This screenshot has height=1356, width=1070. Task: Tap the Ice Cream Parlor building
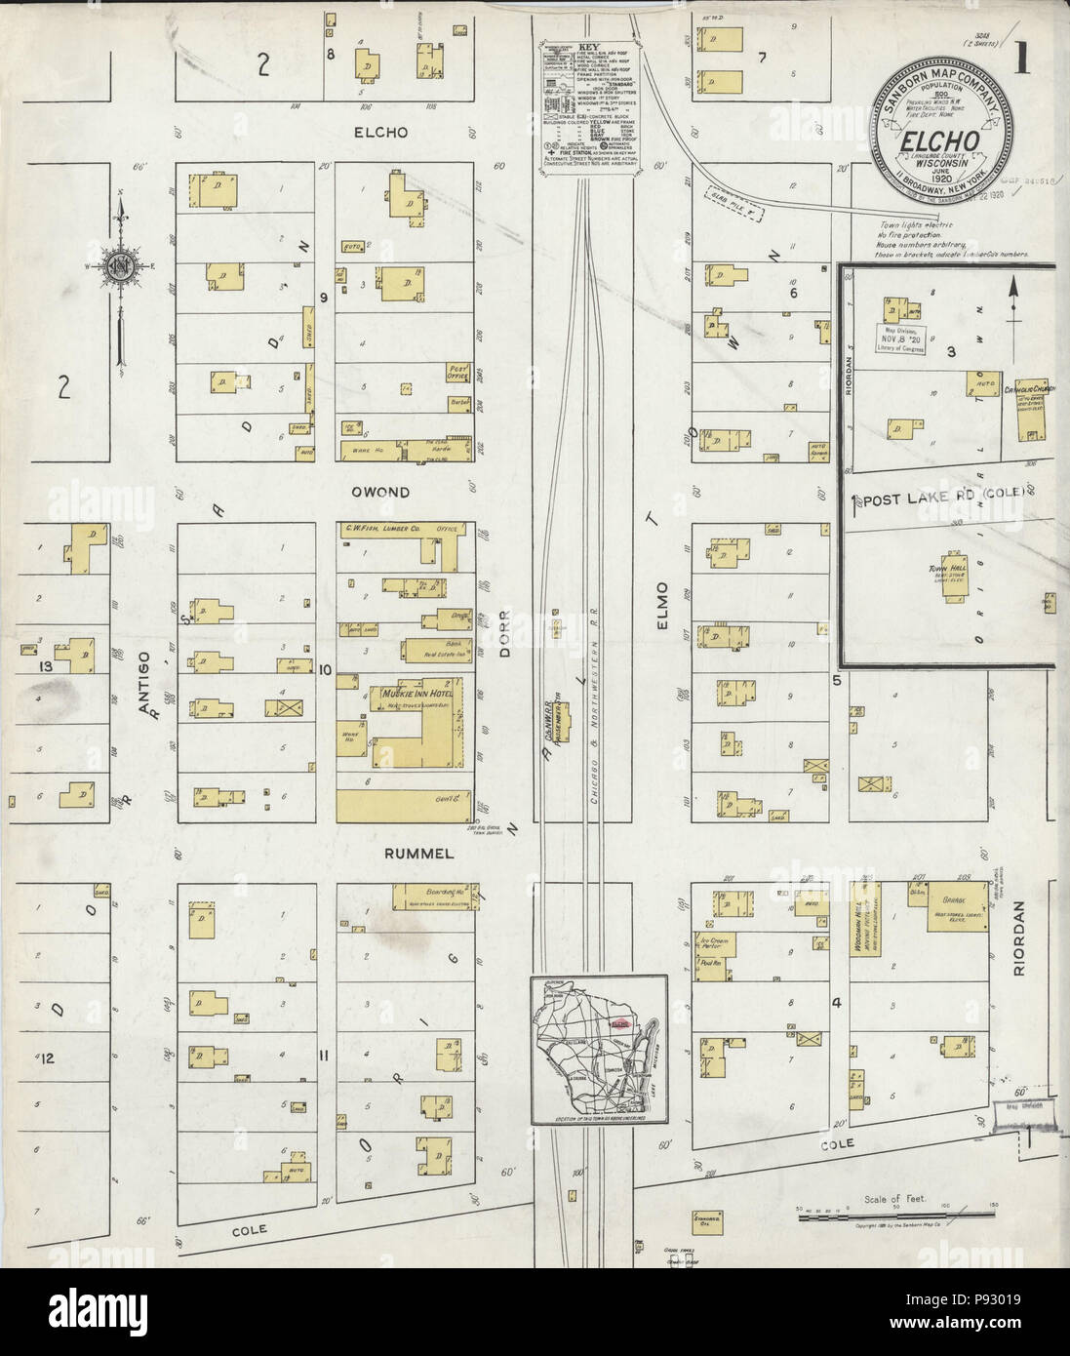coord(717,944)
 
